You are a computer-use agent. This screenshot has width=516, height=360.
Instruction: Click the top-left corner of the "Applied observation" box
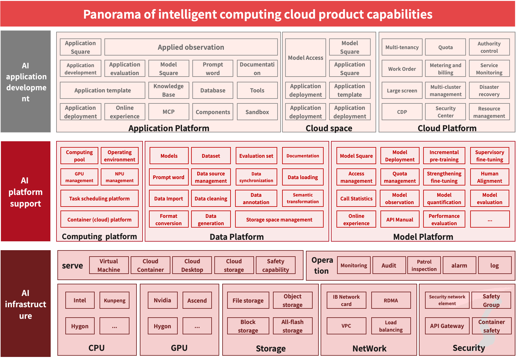point(105,39)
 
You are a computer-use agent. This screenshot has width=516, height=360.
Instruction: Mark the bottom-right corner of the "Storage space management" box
point(323,227)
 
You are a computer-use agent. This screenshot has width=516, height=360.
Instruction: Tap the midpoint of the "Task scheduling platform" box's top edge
point(100,190)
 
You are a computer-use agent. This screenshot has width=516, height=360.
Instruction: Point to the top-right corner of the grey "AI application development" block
point(50,31)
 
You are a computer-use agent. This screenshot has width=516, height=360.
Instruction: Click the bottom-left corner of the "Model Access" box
point(285,77)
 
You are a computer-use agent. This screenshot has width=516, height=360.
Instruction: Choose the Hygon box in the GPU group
point(163,326)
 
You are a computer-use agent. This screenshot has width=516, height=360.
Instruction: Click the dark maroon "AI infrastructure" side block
point(26,304)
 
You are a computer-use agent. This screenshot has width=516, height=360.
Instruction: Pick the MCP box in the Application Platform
point(169,112)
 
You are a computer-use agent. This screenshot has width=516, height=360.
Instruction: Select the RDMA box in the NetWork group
point(391,301)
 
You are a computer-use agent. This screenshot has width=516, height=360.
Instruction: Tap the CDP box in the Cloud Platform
point(402,112)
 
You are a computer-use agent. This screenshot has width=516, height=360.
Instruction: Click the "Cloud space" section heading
point(329,128)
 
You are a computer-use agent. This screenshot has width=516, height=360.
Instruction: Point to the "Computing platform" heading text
point(100,237)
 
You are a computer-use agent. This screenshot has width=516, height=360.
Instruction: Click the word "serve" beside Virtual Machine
point(72,265)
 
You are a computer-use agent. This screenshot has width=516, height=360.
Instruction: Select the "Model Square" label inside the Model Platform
point(356,156)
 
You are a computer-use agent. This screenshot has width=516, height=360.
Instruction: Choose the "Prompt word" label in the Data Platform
point(169,177)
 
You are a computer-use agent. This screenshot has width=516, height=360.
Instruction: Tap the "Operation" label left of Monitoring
point(322,265)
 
